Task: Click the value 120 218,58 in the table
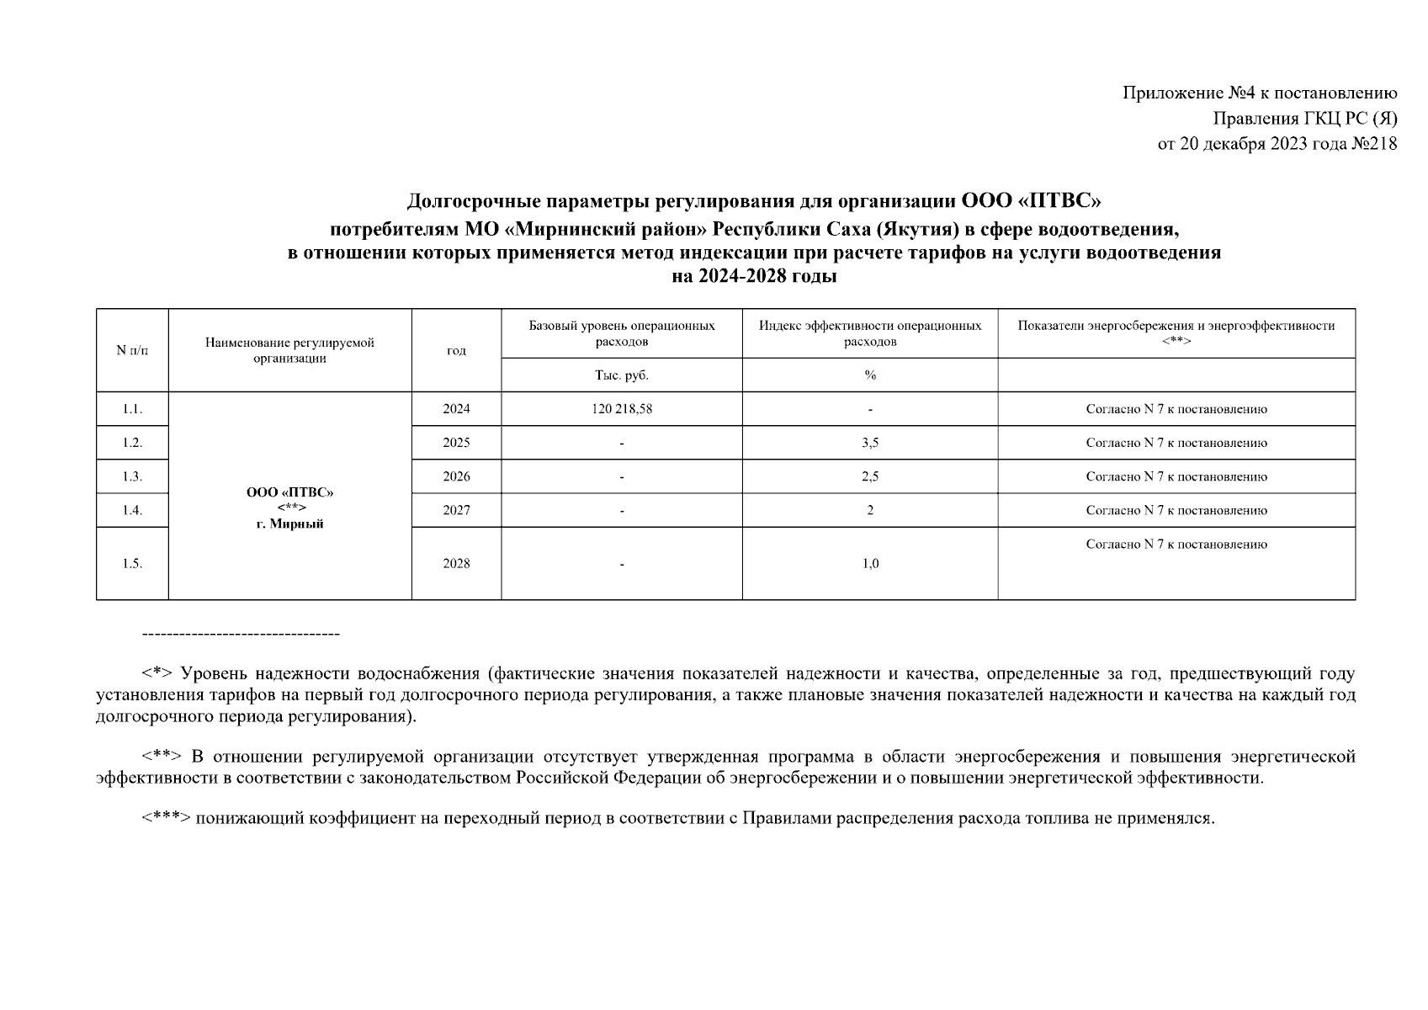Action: click(x=621, y=409)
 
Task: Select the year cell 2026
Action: click(x=456, y=476)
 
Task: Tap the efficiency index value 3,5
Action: click(x=870, y=443)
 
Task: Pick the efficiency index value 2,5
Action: click(x=870, y=476)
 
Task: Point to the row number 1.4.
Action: click(x=132, y=510)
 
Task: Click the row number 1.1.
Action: click(x=132, y=409)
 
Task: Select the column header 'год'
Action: click(x=456, y=350)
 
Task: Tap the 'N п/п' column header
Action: click(x=132, y=350)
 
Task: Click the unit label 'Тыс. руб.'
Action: click(x=621, y=375)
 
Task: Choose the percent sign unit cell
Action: click(x=870, y=375)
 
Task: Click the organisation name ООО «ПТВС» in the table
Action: click(x=289, y=492)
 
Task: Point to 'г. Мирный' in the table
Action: click(x=289, y=524)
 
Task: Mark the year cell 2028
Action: click(x=456, y=564)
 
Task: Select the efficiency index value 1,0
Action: click(x=870, y=564)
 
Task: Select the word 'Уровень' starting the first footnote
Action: click(x=214, y=673)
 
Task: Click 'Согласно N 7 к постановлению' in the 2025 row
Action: click(x=1176, y=443)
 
